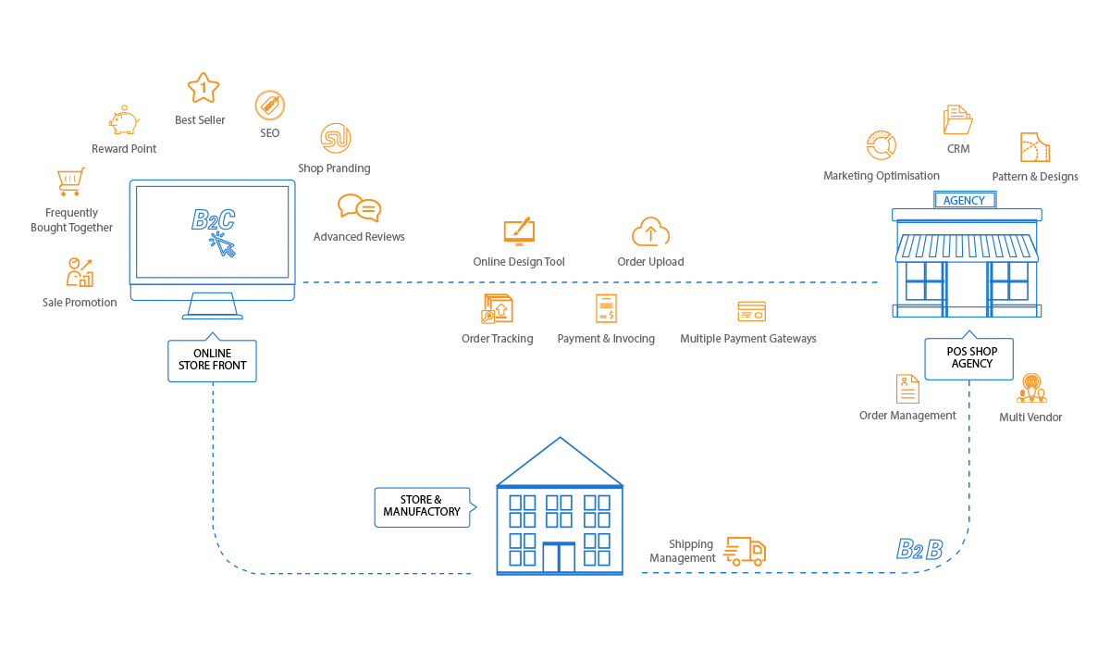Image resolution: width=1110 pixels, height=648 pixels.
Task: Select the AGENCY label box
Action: (x=965, y=200)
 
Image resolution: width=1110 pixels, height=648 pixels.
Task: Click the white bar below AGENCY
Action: (x=968, y=215)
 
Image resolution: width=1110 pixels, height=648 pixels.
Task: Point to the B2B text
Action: (x=919, y=550)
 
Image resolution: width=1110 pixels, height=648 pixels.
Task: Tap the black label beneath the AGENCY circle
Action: (x=968, y=356)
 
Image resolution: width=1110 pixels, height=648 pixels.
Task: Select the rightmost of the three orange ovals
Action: (x=751, y=310)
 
